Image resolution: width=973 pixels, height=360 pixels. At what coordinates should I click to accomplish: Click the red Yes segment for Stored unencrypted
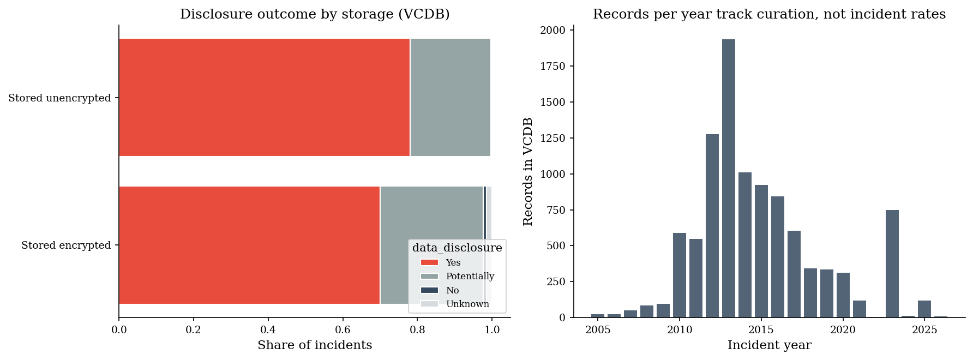coord(265,97)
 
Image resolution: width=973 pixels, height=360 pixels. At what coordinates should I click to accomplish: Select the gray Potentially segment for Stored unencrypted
coord(451,97)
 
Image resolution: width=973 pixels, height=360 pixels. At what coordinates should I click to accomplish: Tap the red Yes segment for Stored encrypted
coord(249,245)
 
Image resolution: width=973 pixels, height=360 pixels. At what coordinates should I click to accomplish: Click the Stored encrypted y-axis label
coord(66,245)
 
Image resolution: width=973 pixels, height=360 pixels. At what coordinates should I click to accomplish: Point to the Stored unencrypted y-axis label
coord(59,98)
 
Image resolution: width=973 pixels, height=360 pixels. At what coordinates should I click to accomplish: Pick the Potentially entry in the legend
coord(470,277)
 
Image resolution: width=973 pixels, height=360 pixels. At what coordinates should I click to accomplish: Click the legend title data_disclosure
coord(457,248)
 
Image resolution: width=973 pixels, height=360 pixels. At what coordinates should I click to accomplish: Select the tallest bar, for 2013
coord(729,178)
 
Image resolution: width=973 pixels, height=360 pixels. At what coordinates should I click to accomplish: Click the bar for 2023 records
coord(892,263)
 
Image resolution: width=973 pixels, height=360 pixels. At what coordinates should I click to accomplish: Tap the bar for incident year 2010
coord(680,275)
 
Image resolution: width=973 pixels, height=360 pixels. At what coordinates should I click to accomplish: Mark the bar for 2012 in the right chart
coord(712,226)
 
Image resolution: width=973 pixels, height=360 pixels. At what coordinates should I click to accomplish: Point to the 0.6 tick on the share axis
coord(343,330)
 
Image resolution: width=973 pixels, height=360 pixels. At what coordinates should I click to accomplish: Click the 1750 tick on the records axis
coord(552,67)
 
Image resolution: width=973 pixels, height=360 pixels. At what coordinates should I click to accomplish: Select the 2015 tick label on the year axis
coord(761,330)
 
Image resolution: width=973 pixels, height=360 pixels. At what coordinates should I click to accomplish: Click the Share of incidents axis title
coord(315,345)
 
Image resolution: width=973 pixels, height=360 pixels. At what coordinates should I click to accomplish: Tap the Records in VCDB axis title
coord(528,171)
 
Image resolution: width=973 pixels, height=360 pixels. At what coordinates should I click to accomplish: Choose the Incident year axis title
coord(770,345)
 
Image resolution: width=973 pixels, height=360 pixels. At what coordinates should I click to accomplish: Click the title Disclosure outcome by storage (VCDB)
coord(315,14)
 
